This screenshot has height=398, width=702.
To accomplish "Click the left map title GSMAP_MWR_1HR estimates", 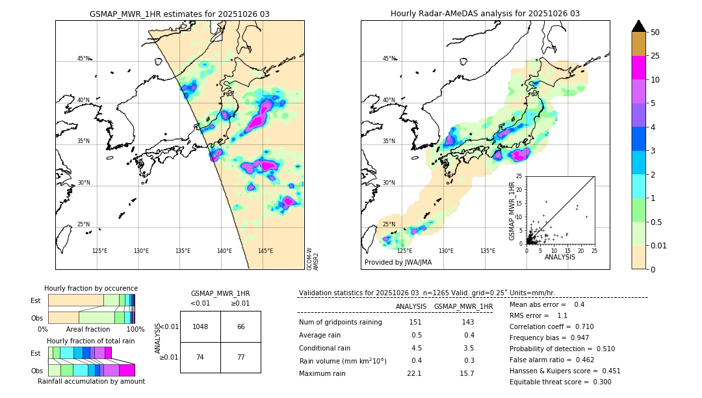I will point(179,14).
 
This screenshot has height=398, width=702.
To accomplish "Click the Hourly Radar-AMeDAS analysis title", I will point(485,14).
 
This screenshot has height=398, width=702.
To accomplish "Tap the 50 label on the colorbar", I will point(655,33).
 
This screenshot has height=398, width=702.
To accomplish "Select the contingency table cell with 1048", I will point(200,326).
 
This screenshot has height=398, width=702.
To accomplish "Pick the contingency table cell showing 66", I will point(240,326).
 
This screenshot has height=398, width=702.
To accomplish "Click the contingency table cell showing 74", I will point(200,358).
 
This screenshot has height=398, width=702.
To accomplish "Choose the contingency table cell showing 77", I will point(240,358).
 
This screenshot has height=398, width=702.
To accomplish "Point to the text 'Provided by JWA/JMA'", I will point(398,262).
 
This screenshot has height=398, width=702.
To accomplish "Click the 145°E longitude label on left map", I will point(265,251).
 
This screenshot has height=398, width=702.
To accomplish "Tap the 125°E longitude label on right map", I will point(404,251).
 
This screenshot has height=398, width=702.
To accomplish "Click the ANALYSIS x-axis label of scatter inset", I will point(560,257).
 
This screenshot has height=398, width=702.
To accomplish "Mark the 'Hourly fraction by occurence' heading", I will point(91,288).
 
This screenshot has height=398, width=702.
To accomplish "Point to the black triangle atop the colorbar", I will point(639,26).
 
